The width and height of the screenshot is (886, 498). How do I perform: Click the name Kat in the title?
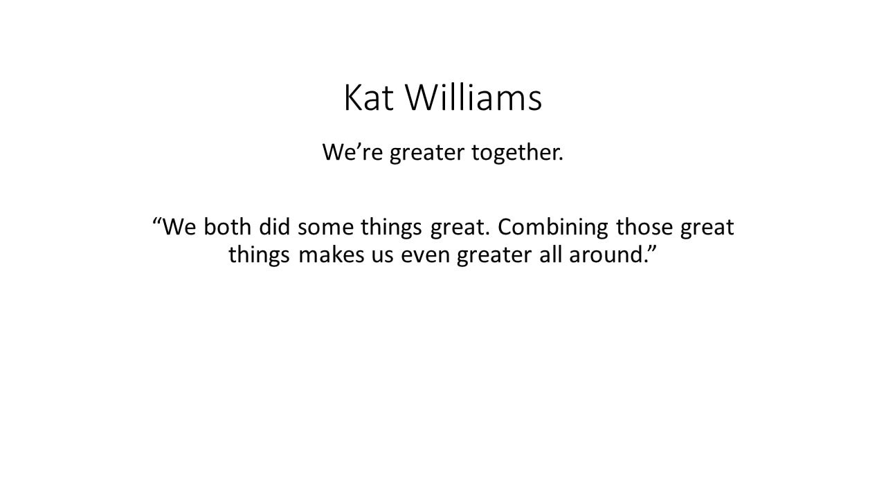click(369, 98)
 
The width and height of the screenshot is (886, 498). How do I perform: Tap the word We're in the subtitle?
click(352, 152)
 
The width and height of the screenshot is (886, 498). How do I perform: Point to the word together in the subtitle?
click(518, 154)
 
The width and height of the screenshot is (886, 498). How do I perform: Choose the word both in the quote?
click(228, 227)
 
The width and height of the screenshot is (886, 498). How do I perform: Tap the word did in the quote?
click(274, 227)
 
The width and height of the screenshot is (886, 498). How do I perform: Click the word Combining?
click(552, 228)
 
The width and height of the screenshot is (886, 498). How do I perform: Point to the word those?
click(644, 227)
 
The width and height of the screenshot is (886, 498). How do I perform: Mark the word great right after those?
click(707, 229)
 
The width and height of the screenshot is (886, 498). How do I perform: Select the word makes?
click(331, 255)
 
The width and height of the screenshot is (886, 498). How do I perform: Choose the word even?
click(425, 257)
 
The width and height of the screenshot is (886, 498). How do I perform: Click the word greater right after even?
click(494, 257)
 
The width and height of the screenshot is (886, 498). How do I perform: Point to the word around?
click(607, 255)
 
